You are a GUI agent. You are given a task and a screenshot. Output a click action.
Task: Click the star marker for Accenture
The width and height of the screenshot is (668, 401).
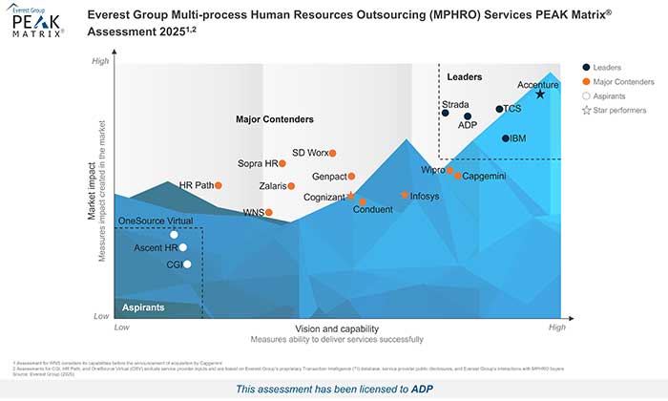[x=540, y=94]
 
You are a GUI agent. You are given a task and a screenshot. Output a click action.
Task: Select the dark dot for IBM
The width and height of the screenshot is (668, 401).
[x=506, y=138]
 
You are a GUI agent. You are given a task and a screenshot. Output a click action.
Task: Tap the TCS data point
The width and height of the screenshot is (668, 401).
[x=499, y=109]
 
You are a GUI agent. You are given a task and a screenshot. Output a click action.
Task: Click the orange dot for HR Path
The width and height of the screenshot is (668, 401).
[x=219, y=185]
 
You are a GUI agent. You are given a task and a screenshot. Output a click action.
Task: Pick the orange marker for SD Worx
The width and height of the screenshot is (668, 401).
[x=333, y=153]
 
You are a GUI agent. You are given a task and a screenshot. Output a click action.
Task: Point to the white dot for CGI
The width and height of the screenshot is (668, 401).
[x=187, y=264]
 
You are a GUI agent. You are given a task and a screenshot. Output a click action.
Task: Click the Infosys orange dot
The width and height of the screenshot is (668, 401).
[x=405, y=196]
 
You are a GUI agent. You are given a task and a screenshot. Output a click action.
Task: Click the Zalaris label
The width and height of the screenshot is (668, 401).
[x=277, y=186]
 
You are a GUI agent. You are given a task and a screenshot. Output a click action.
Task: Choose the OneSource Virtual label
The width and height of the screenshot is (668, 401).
[x=155, y=222]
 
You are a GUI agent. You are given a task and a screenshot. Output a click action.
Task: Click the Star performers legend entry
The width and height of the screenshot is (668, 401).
[x=616, y=112]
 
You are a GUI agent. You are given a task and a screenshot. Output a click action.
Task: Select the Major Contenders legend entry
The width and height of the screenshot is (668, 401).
[x=622, y=82]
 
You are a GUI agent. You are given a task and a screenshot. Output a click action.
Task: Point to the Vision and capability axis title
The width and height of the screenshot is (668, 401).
[x=336, y=328]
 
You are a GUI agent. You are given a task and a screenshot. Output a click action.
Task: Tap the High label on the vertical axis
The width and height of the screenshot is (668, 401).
[x=100, y=62]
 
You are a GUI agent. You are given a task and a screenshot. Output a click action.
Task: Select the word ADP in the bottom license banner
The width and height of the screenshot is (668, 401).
[x=421, y=389]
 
